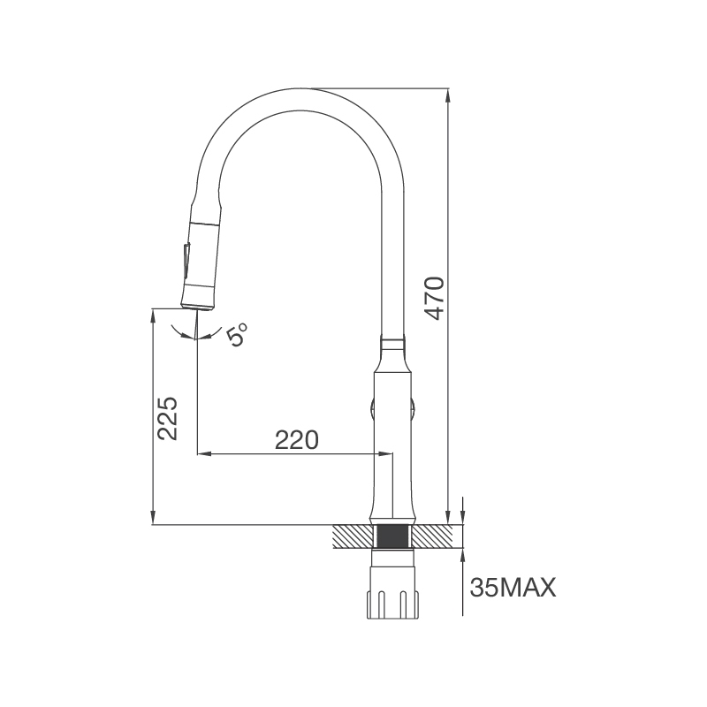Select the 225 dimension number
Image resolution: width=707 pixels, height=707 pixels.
click(169, 417)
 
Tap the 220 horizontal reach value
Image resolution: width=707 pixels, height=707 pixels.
click(296, 439)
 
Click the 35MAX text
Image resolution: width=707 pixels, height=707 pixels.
click(513, 588)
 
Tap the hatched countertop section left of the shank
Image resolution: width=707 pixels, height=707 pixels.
click(353, 536)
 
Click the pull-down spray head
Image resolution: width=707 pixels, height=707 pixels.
click(201, 256)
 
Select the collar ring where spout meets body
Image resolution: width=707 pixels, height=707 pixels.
click(393, 341)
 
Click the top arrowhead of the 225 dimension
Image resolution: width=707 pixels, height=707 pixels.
click(154, 314)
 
